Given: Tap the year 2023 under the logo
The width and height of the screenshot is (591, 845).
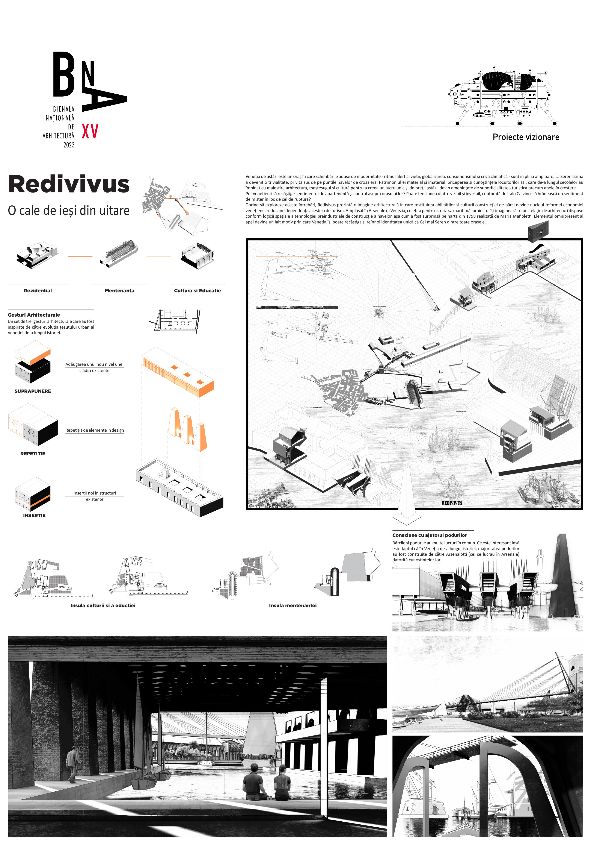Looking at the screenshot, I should pyautogui.click(x=69, y=145).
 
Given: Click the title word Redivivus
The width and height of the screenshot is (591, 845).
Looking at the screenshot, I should pyautogui.click(x=69, y=184).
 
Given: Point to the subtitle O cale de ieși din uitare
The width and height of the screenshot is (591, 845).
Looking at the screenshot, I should pyautogui.click(x=69, y=211).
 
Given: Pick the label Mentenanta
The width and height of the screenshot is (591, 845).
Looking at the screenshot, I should pyautogui.click(x=119, y=291).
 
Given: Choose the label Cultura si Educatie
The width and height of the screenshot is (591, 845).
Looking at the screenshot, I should pyautogui.click(x=198, y=291).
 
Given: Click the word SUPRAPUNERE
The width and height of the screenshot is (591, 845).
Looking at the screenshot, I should pyautogui.click(x=33, y=391).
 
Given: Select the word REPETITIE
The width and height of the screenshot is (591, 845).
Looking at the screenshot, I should pyautogui.click(x=33, y=454).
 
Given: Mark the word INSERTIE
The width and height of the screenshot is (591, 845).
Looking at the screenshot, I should pyautogui.click(x=34, y=516).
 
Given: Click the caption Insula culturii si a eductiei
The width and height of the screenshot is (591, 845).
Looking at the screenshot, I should pyautogui.click(x=103, y=605).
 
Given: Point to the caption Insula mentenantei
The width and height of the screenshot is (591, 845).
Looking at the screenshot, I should pyautogui.click(x=293, y=605).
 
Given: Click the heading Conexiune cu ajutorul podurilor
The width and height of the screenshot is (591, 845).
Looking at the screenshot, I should pyautogui.click(x=430, y=535).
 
